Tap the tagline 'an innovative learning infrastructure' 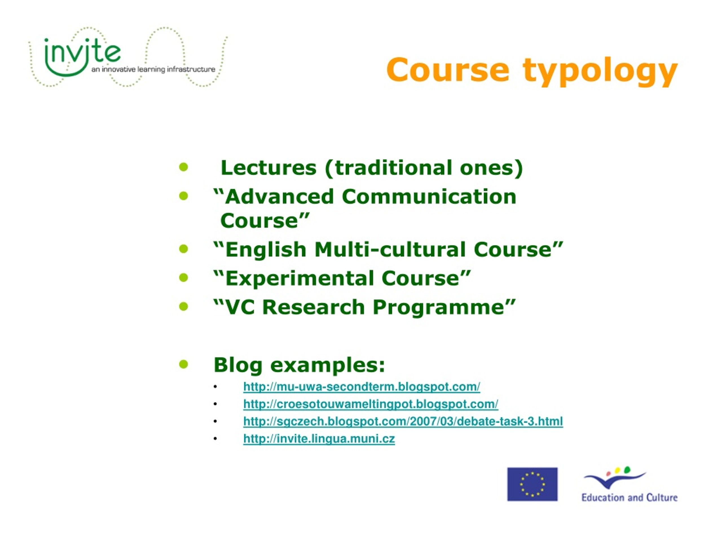[x=153, y=70]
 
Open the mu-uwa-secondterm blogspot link [x=362, y=387]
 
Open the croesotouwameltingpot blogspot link [x=371, y=404]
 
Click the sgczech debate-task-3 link [x=403, y=421]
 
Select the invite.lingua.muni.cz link [x=319, y=439]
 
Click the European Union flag [x=532, y=484]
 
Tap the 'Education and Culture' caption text [x=629, y=498]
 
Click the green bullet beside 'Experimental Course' [x=184, y=278]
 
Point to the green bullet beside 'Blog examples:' [x=184, y=364]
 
